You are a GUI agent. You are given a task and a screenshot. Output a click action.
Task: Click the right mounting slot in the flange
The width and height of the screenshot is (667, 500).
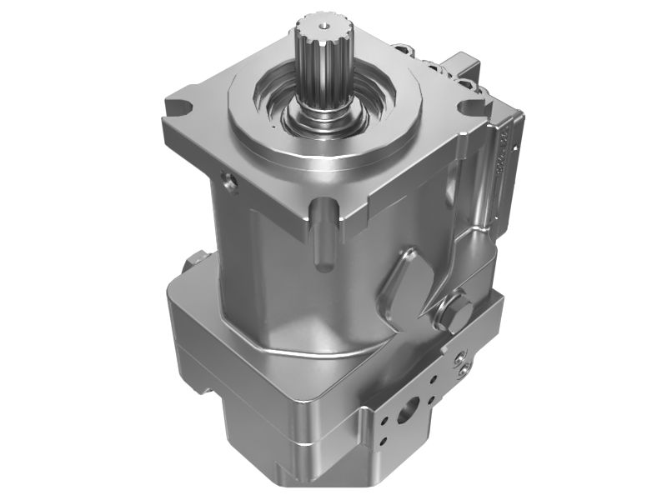468,107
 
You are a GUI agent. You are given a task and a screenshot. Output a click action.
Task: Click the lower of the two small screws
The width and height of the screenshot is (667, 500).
461,365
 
